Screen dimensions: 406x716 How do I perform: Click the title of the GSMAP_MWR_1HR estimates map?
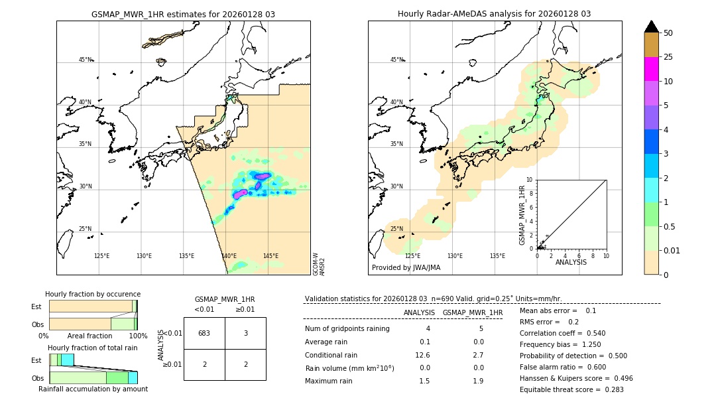(x=183, y=14)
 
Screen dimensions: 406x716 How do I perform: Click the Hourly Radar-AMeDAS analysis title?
(x=494, y=14)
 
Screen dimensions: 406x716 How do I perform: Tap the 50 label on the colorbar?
(x=668, y=33)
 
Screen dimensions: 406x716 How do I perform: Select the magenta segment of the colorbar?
(x=651, y=69)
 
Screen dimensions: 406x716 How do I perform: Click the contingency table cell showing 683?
(x=204, y=333)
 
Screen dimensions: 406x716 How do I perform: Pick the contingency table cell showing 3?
(x=245, y=333)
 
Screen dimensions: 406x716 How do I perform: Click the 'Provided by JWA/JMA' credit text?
(x=406, y=268)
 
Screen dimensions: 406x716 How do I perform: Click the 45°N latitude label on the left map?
(x=85, y=60)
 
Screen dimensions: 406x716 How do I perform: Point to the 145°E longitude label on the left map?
(x=270, y=256)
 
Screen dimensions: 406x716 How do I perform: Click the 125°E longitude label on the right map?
(x=412, y=256)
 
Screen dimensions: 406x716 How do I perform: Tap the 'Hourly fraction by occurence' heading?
(x=93, y=294)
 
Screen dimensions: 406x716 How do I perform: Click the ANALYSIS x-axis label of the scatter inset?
(x=571, y=262)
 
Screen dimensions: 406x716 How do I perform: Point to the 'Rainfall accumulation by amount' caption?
(x=93, y=389)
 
